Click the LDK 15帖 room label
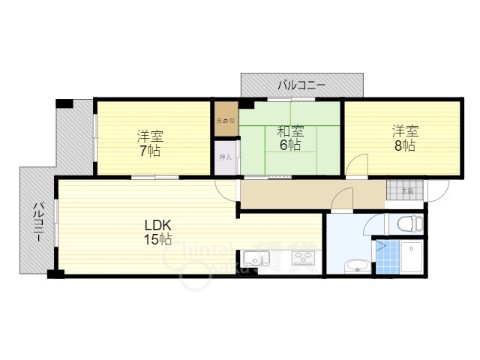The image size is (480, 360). [x=158, y=232]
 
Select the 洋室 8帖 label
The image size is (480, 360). [x=403, y=139]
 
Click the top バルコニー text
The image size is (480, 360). [x=301, y=85]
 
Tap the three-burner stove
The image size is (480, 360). [x=303, y=260]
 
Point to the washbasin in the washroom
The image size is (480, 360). [x=353, y=265]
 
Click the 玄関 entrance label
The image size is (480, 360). [x=406, y=191]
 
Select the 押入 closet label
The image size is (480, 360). [x=225, y=157]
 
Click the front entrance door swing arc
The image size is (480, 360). [x=436, y=189]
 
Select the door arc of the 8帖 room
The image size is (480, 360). [x=356, y=166]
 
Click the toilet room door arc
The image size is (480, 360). [x=375, y=223]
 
